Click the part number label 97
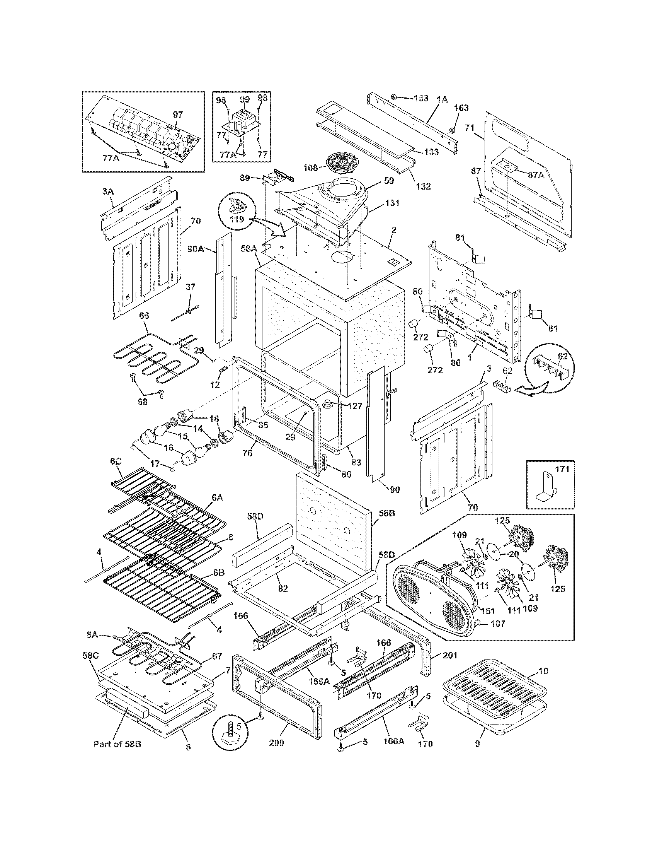tap(177, 115)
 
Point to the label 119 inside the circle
tap(237, 219)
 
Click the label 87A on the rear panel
tap(536, 175)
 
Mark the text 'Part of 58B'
tap(117, 744)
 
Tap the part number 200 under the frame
tap(277, 742)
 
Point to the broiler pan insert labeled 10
tap(491, 677)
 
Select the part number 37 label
tap(190, 287)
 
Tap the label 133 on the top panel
tap(431, 152)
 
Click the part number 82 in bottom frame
tap(283, 588)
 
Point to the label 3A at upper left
tap(108, 192)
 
